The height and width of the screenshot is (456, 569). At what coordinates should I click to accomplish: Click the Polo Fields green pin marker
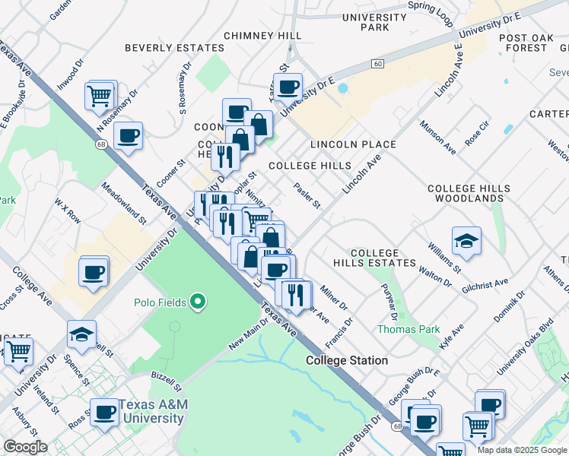point(199,302)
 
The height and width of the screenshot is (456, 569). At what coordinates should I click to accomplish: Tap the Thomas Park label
point(408,329)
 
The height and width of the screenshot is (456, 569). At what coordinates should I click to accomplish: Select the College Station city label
point(347,360)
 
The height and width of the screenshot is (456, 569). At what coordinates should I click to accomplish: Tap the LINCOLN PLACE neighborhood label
point(353,144)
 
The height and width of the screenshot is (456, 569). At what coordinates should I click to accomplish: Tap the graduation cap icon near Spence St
point(81,334)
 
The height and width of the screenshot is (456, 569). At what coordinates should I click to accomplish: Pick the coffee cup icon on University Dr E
point(288,87)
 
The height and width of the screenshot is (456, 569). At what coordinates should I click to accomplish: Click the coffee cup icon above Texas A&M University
point(105,413)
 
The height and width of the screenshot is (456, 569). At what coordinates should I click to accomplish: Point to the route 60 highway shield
point(377,64)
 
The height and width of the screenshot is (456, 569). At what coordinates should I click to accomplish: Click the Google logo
point(26,447)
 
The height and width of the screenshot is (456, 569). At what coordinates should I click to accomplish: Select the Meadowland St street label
point(122,207)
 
